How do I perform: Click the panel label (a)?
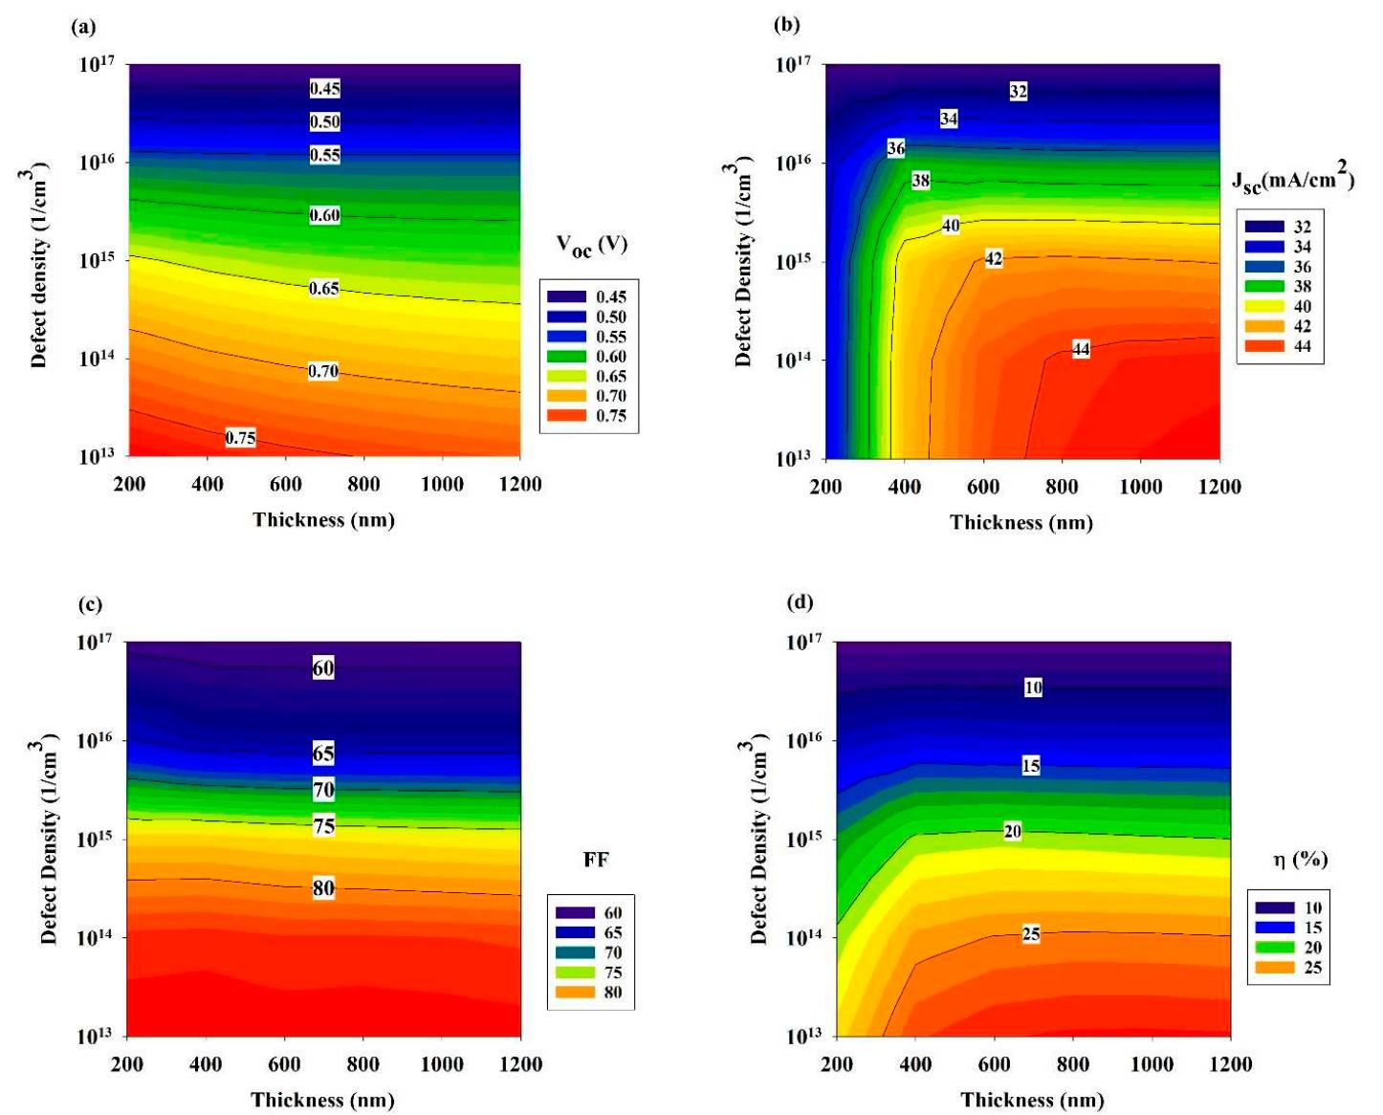tap(84, 27)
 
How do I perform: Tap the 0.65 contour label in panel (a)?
tap(324, 289)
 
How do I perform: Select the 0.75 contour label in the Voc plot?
tap(240, 438)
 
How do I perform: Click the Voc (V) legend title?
tap(591, 245)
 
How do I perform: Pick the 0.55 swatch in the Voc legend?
tap(567, 337)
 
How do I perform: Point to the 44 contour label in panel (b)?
tap(1081, 350)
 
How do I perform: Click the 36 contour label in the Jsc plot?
tap(895, 148)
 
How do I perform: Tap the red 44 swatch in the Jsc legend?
tap(1263, 346)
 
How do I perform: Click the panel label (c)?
tap(90, 604)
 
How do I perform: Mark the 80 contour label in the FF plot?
tap(323, 888)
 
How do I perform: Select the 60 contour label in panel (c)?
tap(323, 668)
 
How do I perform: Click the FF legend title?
tap(595, 860)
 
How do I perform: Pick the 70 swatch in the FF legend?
tap(573, 952)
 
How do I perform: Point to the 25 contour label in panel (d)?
tap(1031, 934)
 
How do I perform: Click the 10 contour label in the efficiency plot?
tap(1033, 688)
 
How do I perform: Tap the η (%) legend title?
tap(1300, 860)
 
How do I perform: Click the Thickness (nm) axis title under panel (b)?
tap(1021, 522)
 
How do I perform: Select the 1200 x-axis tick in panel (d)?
tap(1230, 1064)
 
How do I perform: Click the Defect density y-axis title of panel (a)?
tap(38, 267)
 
